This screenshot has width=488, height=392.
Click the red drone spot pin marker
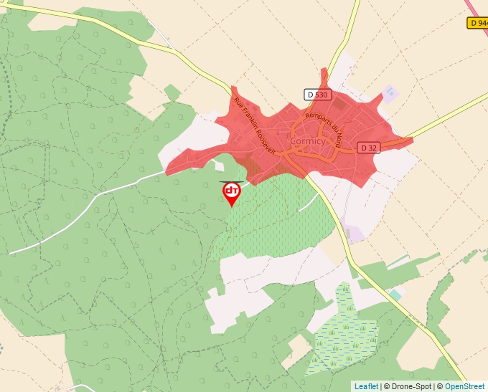(231, 192)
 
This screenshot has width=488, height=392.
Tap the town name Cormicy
(308, 141)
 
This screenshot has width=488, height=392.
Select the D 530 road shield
(316, 94)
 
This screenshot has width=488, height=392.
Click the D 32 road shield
(368, 148)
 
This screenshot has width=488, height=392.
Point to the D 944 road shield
(477, 23)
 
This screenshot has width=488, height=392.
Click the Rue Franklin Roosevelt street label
(255, 126)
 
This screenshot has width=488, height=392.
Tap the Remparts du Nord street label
(325, 125)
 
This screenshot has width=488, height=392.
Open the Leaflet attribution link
(366, 386)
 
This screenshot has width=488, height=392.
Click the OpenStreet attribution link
(464, 386)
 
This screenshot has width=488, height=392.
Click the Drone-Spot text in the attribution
(408, 386)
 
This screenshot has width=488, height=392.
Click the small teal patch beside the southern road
(395, 295)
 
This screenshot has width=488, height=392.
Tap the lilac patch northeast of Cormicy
(389, 93)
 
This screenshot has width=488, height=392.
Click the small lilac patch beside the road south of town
(353, 234)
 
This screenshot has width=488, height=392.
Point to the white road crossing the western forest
(86, 213)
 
